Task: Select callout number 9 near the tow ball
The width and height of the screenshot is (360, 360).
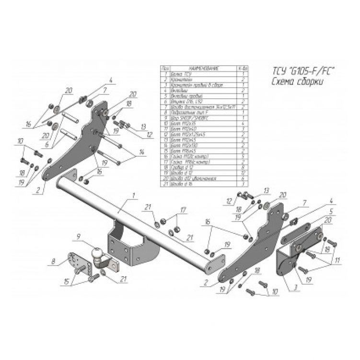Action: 79,236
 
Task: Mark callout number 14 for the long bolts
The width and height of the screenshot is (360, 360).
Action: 141,153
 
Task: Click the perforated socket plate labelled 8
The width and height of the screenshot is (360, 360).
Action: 75,261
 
